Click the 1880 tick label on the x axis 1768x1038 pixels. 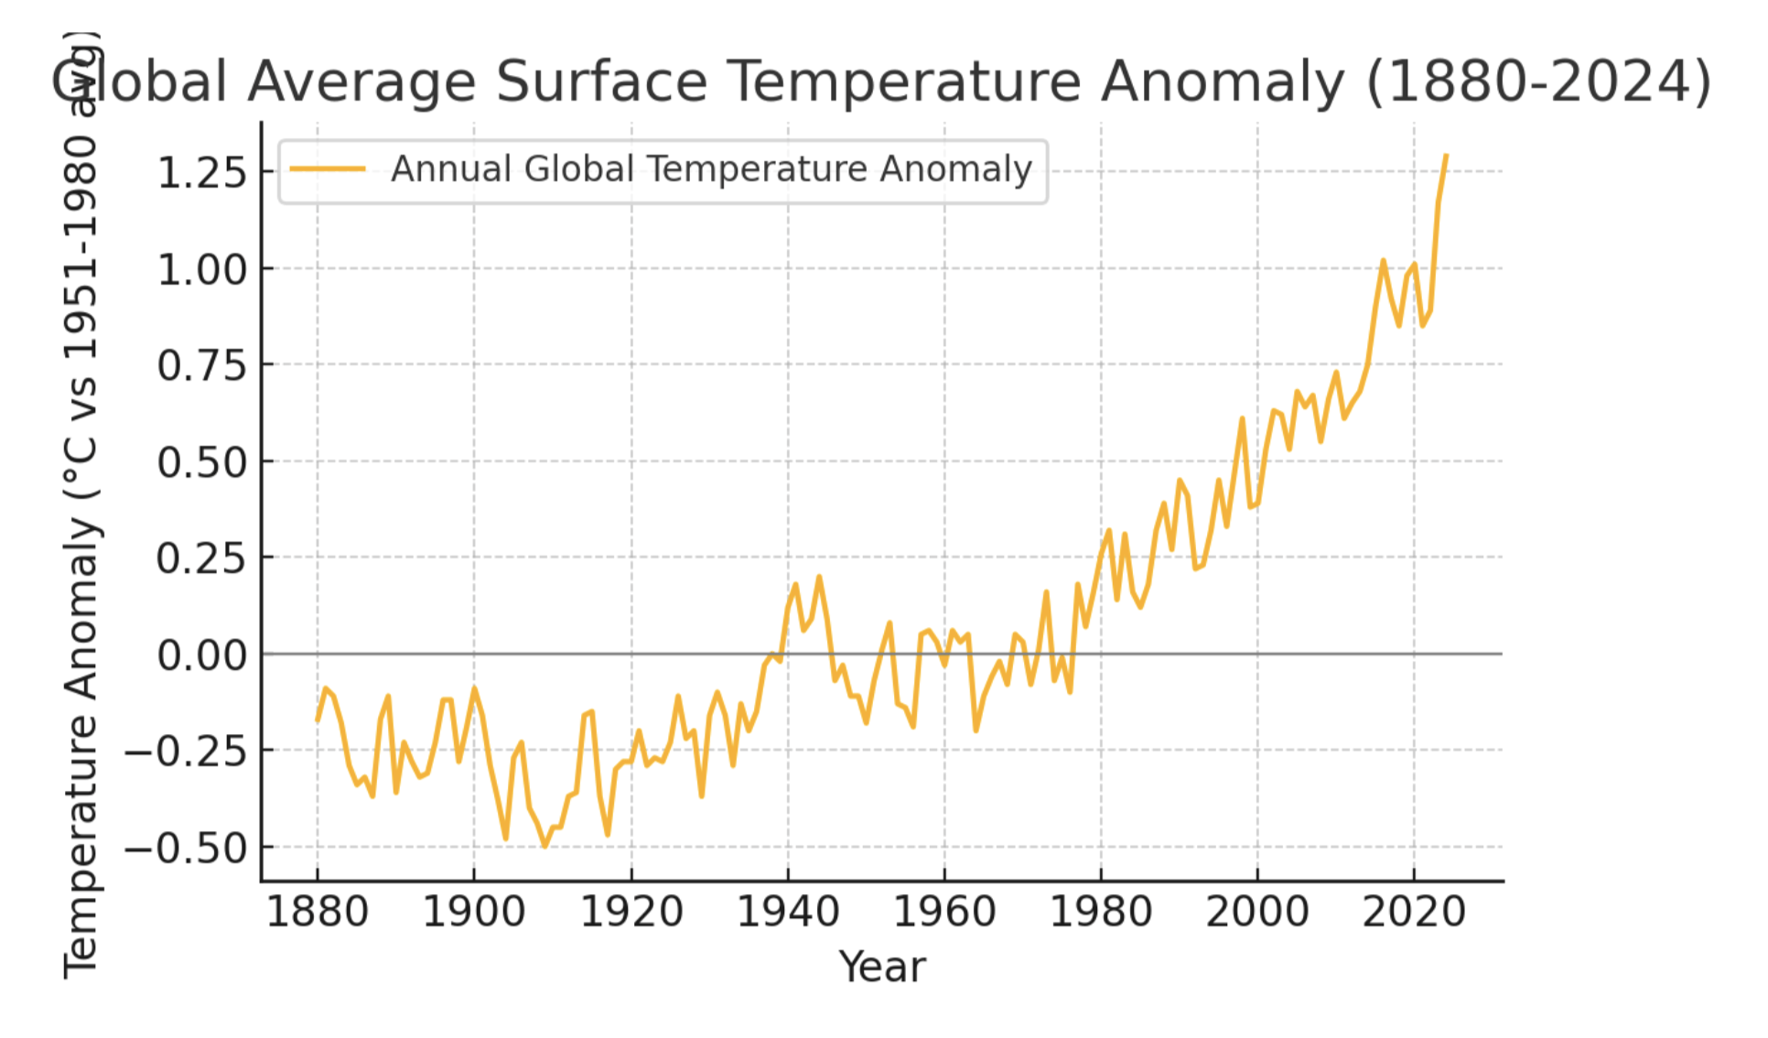(317, 912)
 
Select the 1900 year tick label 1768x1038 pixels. (473, 912)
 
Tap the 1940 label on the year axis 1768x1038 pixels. (787, 912)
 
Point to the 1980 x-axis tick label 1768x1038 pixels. (1100, 912)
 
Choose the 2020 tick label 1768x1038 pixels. (1414, 912)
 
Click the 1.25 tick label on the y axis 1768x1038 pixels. (202, 172)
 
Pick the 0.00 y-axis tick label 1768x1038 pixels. (202, 655)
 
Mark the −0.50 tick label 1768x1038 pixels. (187, 849)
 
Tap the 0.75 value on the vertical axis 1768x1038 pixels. (202, 365)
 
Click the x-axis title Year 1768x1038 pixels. (882, 967)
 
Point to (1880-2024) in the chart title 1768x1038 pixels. (1537, 81)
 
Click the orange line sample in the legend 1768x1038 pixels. (327, 169)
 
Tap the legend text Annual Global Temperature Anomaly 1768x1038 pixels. (711, 169)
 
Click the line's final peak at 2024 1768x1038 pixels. (1446, 156)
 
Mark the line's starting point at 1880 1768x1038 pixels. (318, 721)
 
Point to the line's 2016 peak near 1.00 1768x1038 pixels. (1383, 261)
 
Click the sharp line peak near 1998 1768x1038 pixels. (1242, 419)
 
